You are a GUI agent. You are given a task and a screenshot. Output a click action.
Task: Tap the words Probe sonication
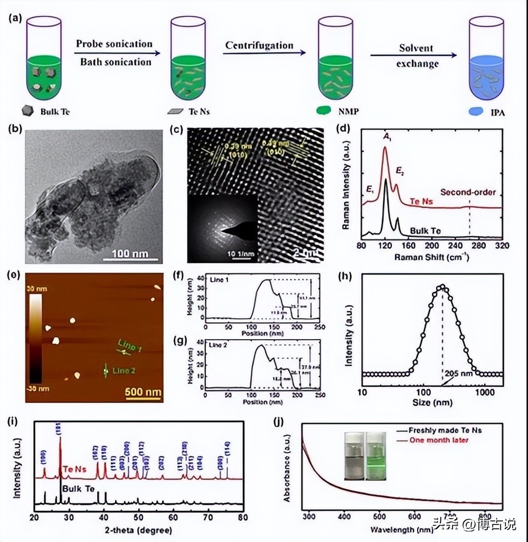click(114, 44)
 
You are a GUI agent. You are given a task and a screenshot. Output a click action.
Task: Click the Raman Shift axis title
click(431, 256)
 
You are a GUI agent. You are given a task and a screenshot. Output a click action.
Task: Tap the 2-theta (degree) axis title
click(138, 529)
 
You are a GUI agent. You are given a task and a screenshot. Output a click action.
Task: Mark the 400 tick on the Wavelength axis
click(344, 515)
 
